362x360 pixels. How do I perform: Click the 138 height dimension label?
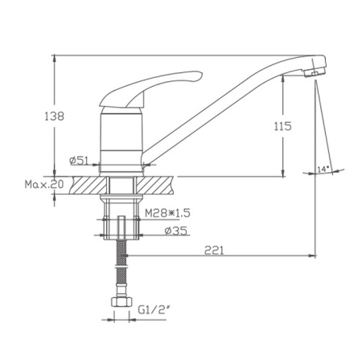click(55, 117)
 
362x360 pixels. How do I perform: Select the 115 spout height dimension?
click(282, 126)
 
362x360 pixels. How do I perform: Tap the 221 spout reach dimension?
click(214, 251)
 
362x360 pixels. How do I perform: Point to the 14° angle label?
click(323, 170)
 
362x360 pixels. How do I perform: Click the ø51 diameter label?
click(79, 161)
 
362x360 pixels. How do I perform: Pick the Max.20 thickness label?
click(44, 184)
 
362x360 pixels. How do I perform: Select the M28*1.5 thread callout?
click(167, 213)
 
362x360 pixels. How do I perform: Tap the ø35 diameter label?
click(176, 231)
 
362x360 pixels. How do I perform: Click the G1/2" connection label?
click(154, 310)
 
